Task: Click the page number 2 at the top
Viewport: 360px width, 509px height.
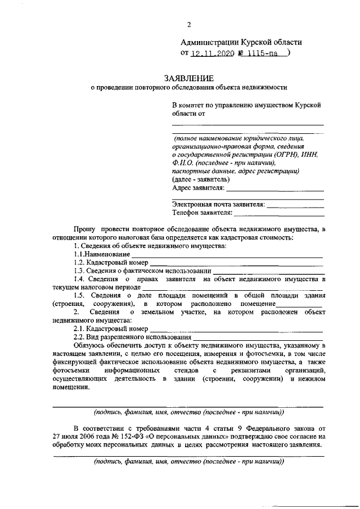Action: click(189, 24)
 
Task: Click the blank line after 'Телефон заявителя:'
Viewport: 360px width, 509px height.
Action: click(279, 214)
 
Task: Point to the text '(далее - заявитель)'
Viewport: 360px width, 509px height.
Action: click(201, 179)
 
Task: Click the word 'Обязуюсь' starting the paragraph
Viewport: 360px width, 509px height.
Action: click(88, 345)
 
